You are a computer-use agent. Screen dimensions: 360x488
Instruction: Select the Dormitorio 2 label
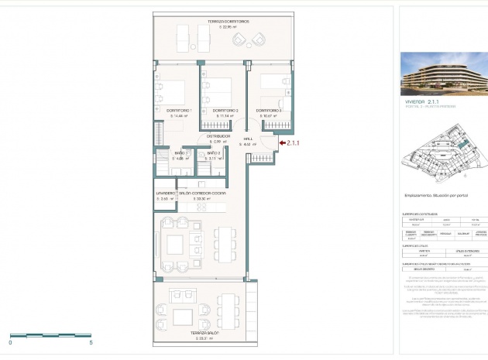(225, 110)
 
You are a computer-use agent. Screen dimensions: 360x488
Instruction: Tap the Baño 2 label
(214, 153)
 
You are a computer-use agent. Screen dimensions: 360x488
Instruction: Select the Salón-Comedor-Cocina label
(208, 193)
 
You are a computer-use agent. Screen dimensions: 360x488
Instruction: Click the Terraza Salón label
(205, 333)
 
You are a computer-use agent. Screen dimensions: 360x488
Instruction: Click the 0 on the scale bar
(11, 342)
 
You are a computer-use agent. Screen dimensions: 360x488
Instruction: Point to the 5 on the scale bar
(91, 342)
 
